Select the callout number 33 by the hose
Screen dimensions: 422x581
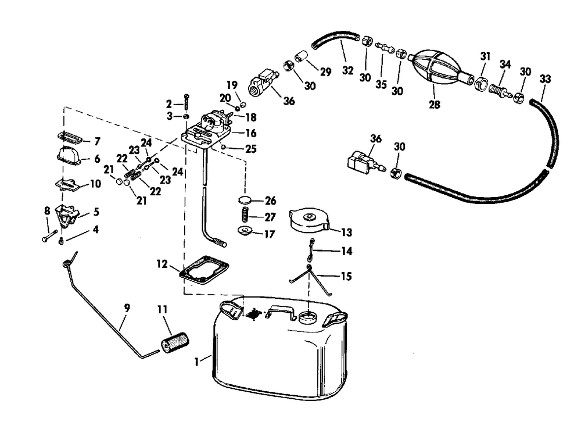pos(545,78)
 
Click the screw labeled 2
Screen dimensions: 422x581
pos(186,103)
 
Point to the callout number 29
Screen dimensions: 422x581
pos(325,72)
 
